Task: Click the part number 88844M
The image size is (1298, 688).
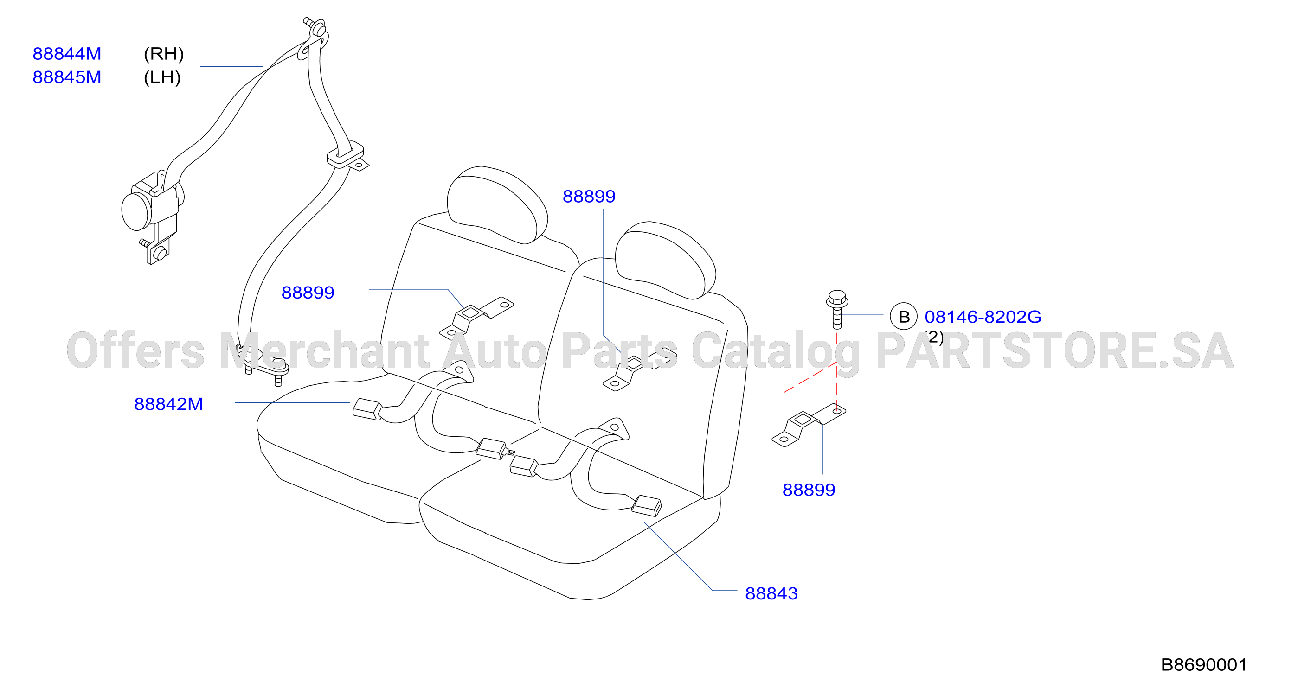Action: tap(67, 54)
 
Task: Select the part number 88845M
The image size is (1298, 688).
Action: tap(67, 77)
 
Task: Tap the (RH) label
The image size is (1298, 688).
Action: tap(164, 54)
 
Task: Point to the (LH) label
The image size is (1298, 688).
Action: tap(162, 77)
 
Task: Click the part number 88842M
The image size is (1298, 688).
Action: tap(168, 404)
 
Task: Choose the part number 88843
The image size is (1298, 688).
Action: tap(771, 594)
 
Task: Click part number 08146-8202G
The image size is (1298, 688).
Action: tap(983, 317)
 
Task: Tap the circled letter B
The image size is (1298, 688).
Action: tap(904, 316)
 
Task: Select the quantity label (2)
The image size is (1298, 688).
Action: tap(935, 337)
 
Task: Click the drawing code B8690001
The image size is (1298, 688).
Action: tap(1204, 665)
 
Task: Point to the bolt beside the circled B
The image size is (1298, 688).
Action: tap(837, 309)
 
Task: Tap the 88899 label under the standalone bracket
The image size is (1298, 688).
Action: tap(809, 490)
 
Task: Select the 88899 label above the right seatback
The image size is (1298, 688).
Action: tap(589, 197)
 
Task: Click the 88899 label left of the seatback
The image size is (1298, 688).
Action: tap(308, 293)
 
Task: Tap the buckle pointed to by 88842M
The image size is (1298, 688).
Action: tap(367, 409)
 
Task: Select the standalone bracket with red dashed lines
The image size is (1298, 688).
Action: tap(808, 425)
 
